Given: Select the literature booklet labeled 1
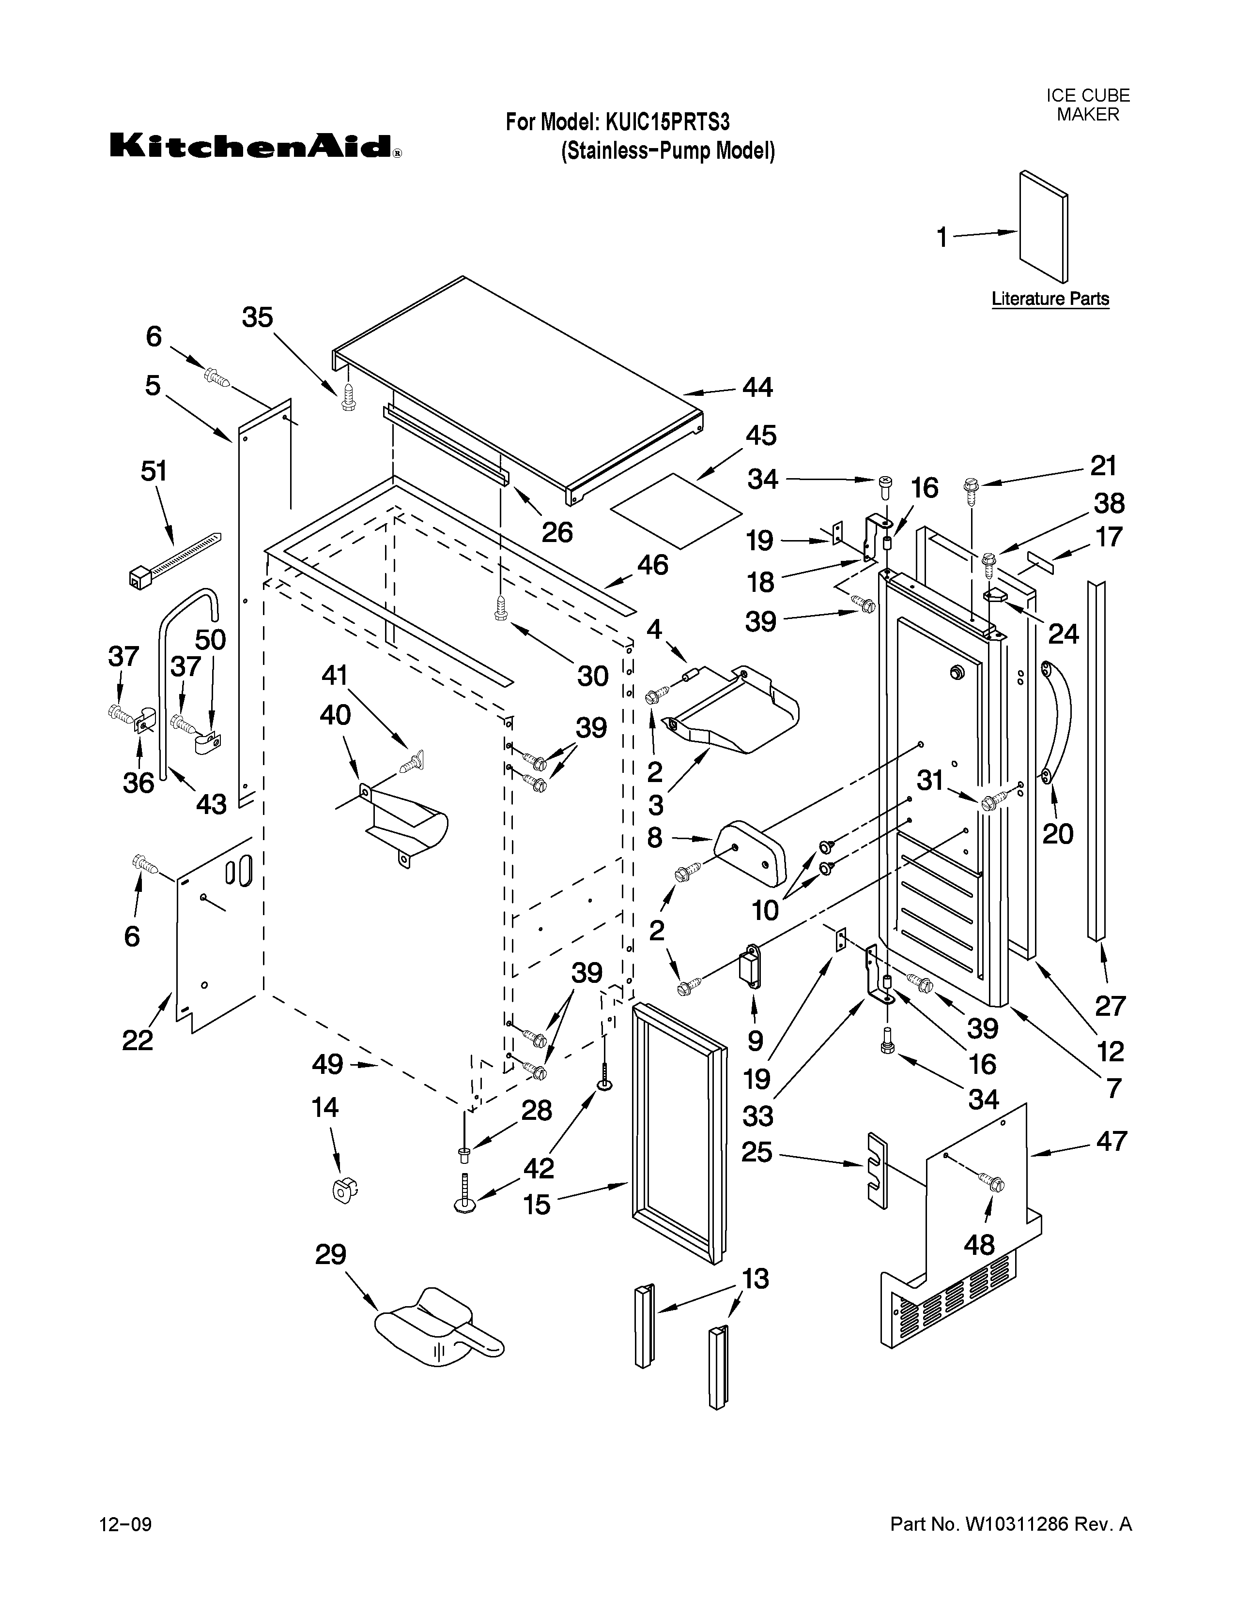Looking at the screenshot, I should point(1043,226).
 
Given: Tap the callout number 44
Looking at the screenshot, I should point(757,388).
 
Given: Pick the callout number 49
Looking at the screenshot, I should point(327,1064).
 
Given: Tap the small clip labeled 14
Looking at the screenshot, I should point(341,1190).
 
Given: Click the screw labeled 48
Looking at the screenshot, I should point(992,1182).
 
